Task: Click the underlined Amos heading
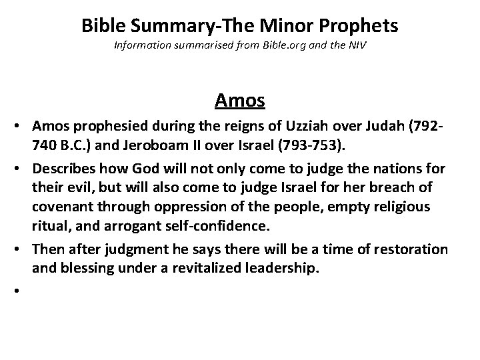tap(240, 101)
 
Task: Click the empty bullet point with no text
tap(13, 291)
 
